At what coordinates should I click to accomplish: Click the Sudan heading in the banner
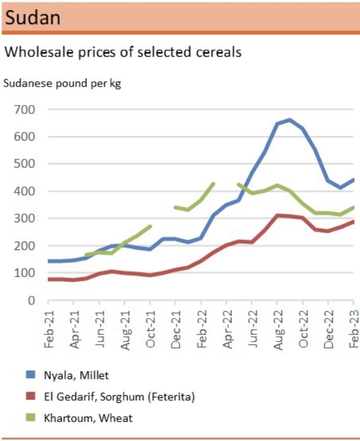33,18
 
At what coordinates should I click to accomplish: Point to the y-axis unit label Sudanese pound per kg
62,84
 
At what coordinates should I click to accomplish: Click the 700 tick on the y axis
26,109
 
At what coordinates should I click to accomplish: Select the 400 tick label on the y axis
26,191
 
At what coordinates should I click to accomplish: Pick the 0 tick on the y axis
31,300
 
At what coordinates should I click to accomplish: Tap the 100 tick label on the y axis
26,273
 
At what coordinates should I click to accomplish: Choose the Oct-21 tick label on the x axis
150,321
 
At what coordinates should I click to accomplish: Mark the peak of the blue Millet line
290,120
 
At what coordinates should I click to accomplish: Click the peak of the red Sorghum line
278,215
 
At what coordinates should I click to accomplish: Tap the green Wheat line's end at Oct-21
150,226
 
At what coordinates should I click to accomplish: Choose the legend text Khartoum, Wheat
89,417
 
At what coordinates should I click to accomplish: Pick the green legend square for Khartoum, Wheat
29,417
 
